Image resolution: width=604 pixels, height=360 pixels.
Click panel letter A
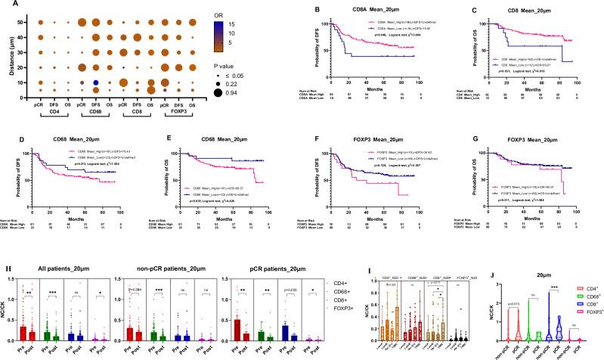6,5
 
